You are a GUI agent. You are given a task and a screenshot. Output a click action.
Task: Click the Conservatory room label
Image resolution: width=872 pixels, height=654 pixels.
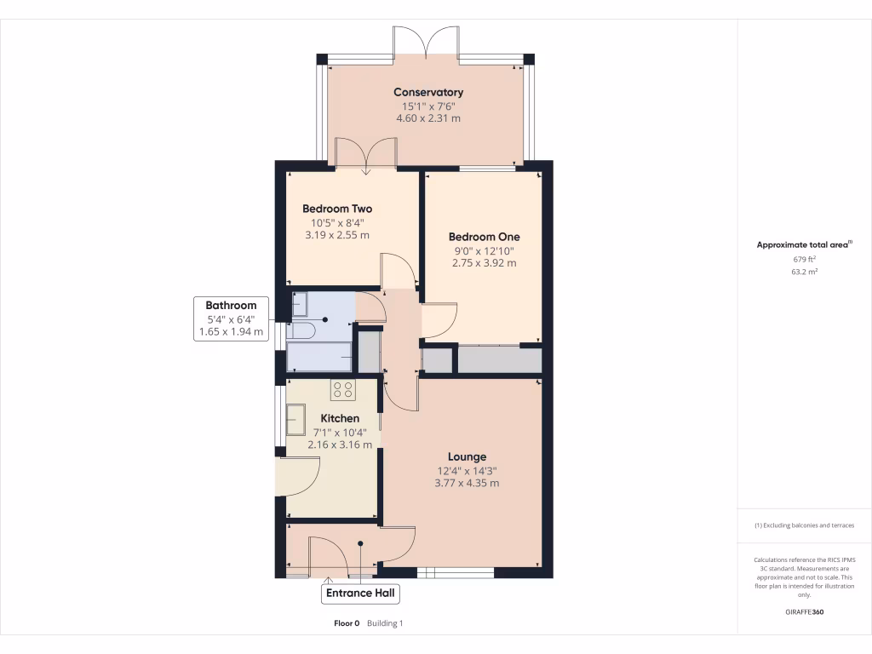(x=427, y=92)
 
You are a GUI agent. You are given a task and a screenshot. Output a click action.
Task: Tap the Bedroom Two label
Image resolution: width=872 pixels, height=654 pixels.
(x=337, y=209)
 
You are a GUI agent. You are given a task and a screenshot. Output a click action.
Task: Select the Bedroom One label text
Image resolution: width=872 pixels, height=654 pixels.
(x=484, y=237)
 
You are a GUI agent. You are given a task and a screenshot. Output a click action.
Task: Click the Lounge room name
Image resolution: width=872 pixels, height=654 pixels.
(x=467, y=456)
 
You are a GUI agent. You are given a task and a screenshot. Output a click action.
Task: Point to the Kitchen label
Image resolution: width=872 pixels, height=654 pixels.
(x=340, y=418)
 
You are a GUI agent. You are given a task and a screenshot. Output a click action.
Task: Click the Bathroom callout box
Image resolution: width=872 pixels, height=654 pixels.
(x=231, y=318)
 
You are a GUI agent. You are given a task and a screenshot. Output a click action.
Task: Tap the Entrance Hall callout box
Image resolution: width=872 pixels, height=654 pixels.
(x=360, y=593)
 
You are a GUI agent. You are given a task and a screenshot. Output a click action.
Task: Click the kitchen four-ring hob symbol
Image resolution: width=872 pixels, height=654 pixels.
(x=343, y=390)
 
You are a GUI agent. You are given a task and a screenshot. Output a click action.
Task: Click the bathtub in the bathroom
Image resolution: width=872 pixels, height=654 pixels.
(x=319, y=357)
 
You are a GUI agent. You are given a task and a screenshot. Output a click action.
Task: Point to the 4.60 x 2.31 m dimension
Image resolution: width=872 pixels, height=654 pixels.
(x=427, y=118)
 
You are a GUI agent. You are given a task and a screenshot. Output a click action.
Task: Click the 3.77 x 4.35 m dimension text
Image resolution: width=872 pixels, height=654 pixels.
(x=467, y=483)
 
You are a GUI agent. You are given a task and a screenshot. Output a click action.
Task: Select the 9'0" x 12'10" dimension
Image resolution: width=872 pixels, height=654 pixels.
(x=484, y=251)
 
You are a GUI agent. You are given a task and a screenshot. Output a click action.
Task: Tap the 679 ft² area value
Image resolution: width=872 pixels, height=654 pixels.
(x=804, y=259)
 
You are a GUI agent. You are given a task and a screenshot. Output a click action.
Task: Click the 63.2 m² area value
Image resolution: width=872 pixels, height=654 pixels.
(x=804, y=272)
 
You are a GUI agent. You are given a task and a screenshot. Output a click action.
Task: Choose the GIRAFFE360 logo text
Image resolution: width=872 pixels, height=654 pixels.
(x=804, y=611)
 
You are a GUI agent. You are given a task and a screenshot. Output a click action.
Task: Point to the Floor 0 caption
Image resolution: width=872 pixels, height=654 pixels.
(x=347, y=623)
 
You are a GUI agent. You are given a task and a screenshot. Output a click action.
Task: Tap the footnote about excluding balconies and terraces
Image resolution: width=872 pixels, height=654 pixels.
(x=804, y=525)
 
